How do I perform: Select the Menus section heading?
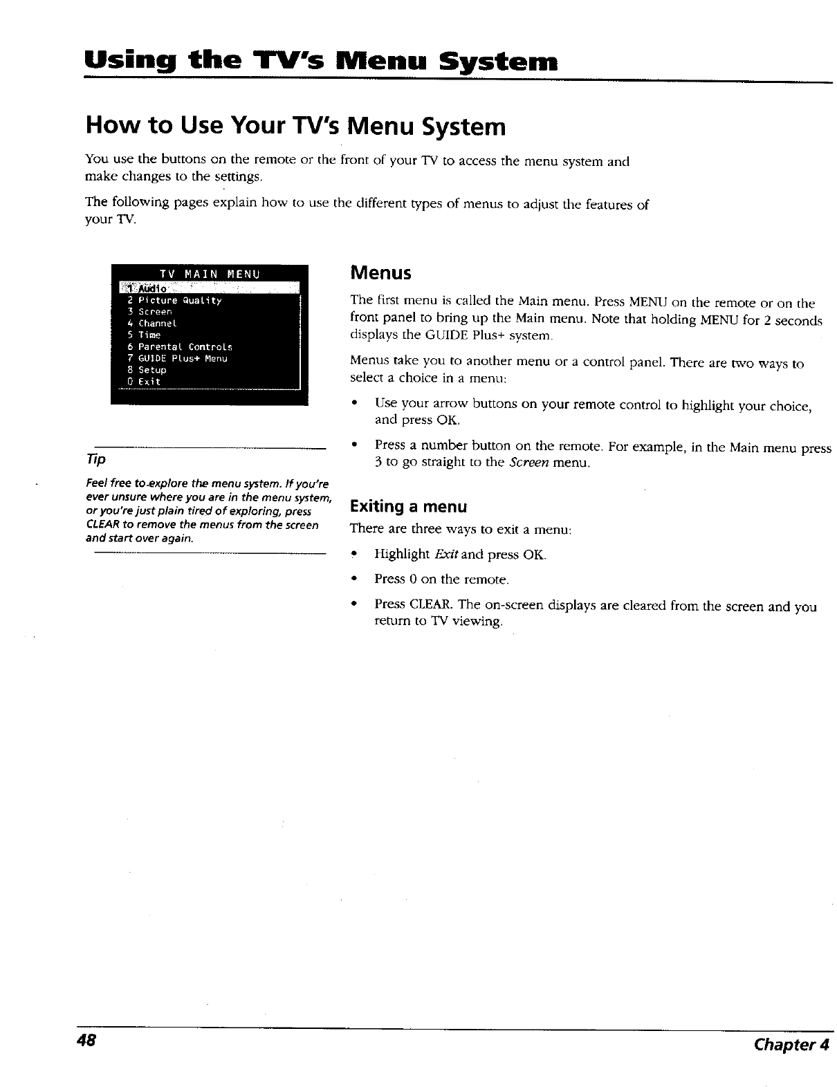coord(380,273)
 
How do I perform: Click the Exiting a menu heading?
coord(408,507)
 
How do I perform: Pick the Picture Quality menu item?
coord(179,301)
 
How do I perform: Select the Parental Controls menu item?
coord(185,346)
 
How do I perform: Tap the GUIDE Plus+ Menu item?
coord(182,358)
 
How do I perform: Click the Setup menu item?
coord(151,370)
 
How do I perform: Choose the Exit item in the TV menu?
coord(149,382)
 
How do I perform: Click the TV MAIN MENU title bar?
coord(208,274)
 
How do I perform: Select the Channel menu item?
coord(157,324)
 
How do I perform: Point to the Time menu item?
coord(149,335)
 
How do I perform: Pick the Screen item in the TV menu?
coord(154,312)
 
